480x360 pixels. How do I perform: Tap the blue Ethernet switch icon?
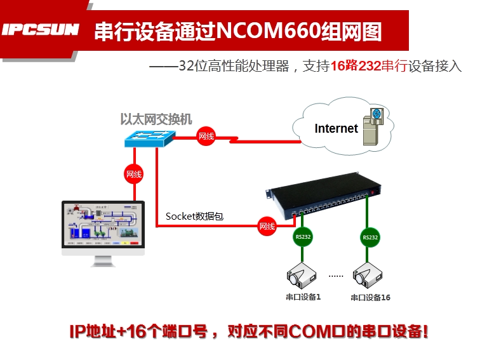click(x=150, y=137)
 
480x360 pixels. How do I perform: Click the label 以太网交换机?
click(x=156, y=119)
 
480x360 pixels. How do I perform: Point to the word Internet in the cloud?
click(x=336, y=128)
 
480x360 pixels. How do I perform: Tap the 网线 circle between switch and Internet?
click(x=206, y=137)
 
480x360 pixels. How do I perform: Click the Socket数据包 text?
click(x=194, y=216)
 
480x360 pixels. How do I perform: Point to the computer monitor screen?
click(x=102, y=225)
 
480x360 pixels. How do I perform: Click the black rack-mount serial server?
click(x=326, y=197)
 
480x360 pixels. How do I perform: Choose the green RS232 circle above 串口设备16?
click(x=370, y=237)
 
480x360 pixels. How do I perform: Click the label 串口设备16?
click(x=370, y=298)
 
